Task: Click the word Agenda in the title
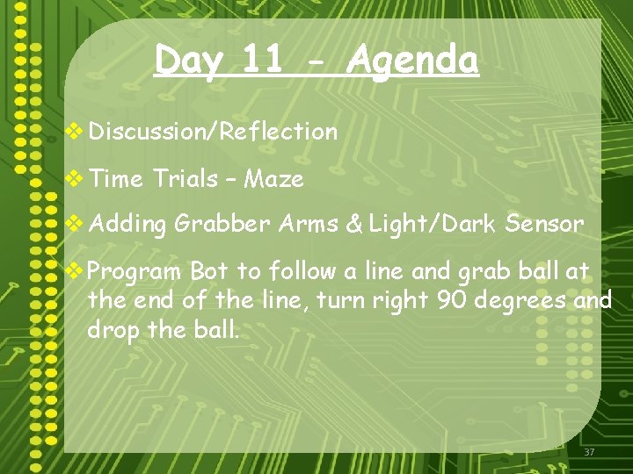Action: coord(412,61)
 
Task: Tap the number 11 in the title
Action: coord(263,60)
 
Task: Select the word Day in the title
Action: coord(187,61)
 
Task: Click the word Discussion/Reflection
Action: coord(213,132)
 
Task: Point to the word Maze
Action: coord(274,179)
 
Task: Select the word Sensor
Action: coord(544,224)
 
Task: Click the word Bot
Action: coord(209,270)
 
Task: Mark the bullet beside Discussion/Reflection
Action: coord(76,132)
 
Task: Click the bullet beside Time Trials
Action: coord(76,179)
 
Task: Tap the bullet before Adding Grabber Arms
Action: coord(76,224)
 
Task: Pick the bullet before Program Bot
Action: coord(76,270)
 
